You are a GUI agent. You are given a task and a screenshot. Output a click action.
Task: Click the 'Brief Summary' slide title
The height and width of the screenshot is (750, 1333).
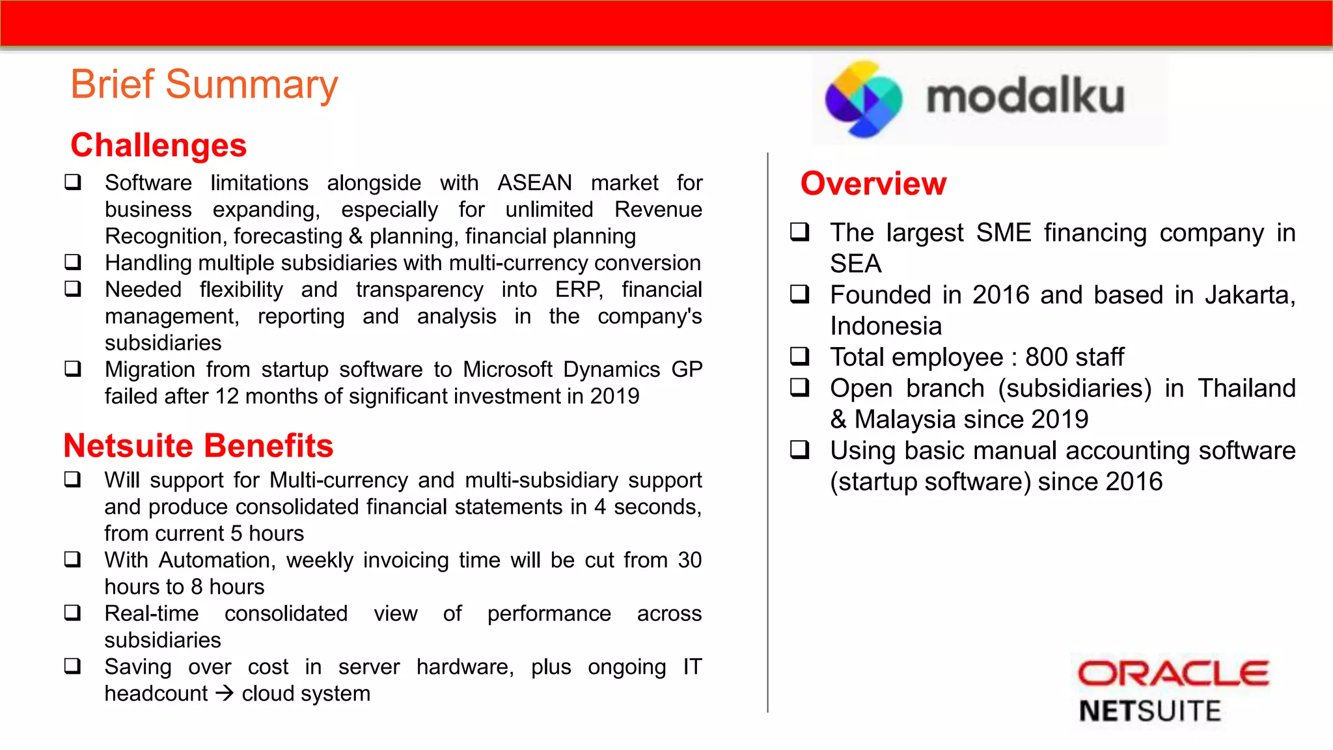204,85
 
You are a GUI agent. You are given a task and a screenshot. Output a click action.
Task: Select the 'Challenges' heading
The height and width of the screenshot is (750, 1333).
159,145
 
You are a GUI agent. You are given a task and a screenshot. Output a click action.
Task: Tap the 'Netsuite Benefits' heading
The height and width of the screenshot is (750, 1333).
199,446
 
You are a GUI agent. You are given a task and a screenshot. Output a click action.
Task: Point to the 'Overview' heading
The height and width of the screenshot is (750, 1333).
873,184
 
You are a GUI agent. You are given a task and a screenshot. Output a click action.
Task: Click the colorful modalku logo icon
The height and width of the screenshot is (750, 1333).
864,99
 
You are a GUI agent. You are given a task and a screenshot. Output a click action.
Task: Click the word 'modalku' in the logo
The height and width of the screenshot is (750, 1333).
1025,98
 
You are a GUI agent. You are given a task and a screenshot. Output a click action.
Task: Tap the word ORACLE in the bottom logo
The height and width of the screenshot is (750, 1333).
1173,673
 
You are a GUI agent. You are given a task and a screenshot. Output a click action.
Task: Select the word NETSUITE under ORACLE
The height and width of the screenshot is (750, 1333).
1149,711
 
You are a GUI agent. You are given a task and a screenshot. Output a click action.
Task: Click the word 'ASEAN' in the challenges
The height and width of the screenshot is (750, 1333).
534,183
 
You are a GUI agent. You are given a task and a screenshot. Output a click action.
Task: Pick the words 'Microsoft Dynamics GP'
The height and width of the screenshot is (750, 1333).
583,370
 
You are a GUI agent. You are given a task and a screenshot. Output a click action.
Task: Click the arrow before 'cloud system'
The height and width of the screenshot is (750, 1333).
225,693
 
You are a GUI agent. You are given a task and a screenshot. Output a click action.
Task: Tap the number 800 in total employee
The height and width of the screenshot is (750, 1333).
1045,357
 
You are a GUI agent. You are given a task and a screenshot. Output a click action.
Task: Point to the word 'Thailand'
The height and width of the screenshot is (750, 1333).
1246,389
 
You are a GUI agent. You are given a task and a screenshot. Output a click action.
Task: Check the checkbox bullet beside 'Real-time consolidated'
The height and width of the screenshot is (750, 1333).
72,613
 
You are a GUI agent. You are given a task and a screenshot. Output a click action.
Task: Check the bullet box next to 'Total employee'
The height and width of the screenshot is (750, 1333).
799,356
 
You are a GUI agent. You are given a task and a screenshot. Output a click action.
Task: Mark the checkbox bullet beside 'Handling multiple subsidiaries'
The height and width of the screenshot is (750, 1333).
73,262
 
